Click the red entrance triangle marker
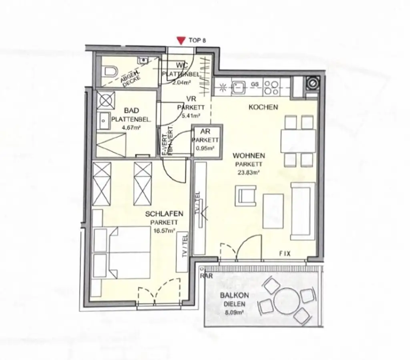click(181, 40)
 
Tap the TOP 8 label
click(197, 40)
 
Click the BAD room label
click(131, 110)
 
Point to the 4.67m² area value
click(131, 128)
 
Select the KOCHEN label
click(263, 107)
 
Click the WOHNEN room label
click(249, 155)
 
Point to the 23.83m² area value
click(249, 173)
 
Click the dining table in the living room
click(298, 141)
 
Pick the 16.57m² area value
click(164, 231)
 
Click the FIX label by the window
click(285, 254)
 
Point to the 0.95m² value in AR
click(205, 148)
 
